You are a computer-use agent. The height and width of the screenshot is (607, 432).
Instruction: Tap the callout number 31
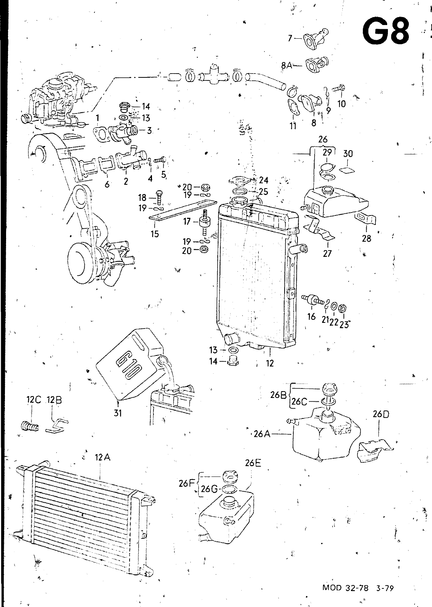point(118,413)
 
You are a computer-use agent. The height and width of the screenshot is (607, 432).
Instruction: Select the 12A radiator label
point(102,458)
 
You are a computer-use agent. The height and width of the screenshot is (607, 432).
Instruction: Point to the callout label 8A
point(287,65)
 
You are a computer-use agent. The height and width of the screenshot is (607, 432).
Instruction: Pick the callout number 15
point(155,234)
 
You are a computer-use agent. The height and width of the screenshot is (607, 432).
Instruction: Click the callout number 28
point(366,239)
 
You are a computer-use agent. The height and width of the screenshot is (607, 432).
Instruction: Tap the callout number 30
point(348,154)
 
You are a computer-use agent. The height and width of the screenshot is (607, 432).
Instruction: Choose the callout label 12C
point(34,400)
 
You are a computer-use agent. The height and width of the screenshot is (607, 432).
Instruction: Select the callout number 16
point(312,316)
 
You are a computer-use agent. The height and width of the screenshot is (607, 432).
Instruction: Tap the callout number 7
point(290,38)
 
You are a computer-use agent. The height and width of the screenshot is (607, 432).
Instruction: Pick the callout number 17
point(187,222)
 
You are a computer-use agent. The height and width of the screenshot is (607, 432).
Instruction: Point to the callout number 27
point(328,254)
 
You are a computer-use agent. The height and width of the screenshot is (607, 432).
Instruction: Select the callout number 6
point(107,184)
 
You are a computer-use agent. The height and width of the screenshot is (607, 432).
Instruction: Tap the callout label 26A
point(262,434)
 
